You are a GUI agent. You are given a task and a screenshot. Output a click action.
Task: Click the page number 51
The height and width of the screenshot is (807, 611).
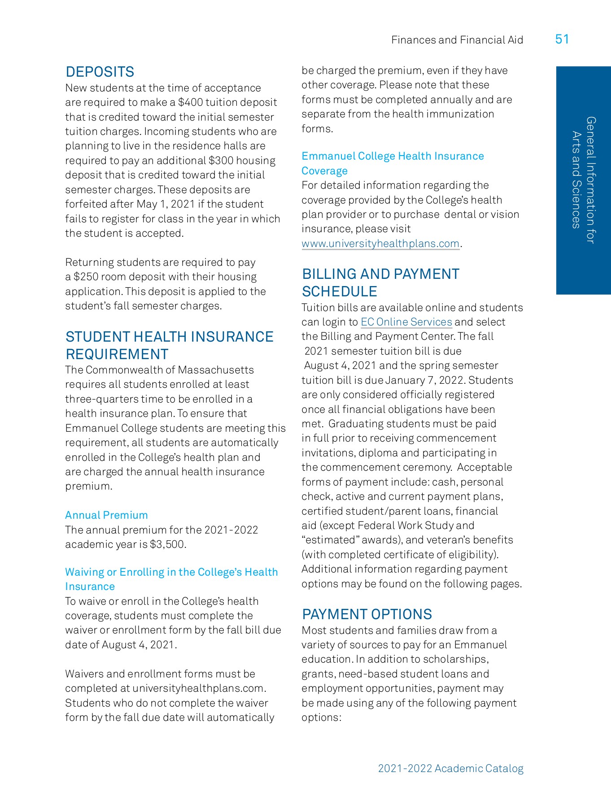[x=562, y=39]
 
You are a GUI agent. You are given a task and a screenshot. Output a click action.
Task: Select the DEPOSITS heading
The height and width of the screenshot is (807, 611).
[x=100, y=72]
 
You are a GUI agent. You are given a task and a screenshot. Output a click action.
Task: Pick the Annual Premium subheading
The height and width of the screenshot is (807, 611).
[x=106, y=515]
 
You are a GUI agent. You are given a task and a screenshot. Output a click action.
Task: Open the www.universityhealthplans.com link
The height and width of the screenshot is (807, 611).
[x=380, y=243]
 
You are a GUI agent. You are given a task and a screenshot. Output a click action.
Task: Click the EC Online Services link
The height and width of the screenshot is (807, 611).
[x=406, y=322]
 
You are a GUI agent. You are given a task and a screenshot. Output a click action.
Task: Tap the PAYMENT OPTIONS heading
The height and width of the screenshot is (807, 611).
[x=367, y=614]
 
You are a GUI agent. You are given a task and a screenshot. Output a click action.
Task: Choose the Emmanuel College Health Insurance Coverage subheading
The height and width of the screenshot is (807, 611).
[x=393, y=163]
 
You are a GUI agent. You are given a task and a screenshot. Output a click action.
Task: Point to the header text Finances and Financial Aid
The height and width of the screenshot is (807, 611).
[x=457, y=40]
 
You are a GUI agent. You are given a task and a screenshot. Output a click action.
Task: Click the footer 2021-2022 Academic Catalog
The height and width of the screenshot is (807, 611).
[x=450, y=768]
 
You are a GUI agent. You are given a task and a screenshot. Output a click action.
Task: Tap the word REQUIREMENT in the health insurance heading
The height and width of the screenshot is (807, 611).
[x=117, y=354]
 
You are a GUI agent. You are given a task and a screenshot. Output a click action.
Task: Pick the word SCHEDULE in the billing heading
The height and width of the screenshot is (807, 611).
[x=339, y=291]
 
